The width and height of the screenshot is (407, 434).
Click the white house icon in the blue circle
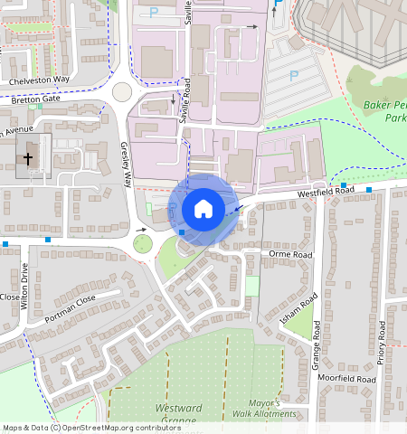click(x=203, y=209)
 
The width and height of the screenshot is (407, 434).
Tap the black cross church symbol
click(x=28, y=158)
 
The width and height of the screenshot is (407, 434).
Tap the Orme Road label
click(x=290, y=255)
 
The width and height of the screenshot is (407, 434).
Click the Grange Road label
click(x=317, y=344)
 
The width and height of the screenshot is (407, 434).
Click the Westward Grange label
click(x=178, y=414)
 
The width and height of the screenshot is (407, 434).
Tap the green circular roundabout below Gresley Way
click(x=141, y=243)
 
